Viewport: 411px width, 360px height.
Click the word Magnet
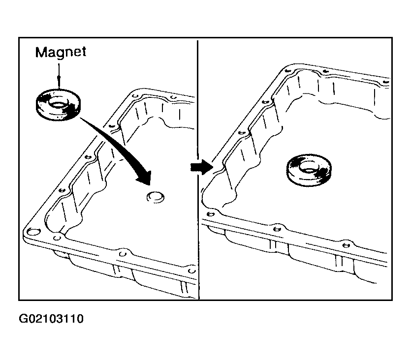pyautogui.click(x=61, y=53)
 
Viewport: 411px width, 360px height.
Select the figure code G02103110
pyautogui.click(x=51, y=319)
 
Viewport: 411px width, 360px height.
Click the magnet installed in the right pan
pyautogui.click(x=309, y=170)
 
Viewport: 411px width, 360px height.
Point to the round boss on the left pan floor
pyautogui.click(x=156, y=197)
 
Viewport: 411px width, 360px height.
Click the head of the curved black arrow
pyautogui.click(x=144, y=178)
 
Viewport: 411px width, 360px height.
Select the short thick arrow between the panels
pyautogui.click(x=201, y=167)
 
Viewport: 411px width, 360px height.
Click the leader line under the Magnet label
pyautogui.click(x=59, y=76)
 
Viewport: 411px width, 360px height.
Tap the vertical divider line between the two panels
pyautogui.click(x=198, y=170)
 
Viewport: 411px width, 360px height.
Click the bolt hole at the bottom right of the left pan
pyautogui.click(x=192, y=270)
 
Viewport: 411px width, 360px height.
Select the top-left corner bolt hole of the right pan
pyautogui.click(x=288, y=71)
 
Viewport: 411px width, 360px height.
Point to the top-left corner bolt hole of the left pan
pyautogui.click(x=135, y=96)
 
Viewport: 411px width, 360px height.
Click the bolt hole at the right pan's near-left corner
pyautogui.click(x=210, y=214)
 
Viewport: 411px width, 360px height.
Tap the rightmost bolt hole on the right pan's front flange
pyautogui.click(x=346, y=245)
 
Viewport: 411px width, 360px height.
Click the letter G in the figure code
pyautogui.click(x=23, y=319)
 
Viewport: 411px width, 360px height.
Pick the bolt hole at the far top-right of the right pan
pyautogui.click(x=385, y=82)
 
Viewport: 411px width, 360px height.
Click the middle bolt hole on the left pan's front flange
pyautogui.click(x=123, y=254)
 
